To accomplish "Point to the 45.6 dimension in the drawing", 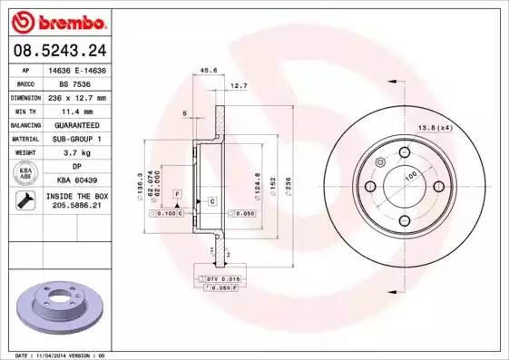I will click(208, 70).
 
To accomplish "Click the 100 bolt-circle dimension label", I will click(410, 174).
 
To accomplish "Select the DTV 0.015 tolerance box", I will click(219, 277).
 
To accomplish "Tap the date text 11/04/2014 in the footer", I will click(66, 355).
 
